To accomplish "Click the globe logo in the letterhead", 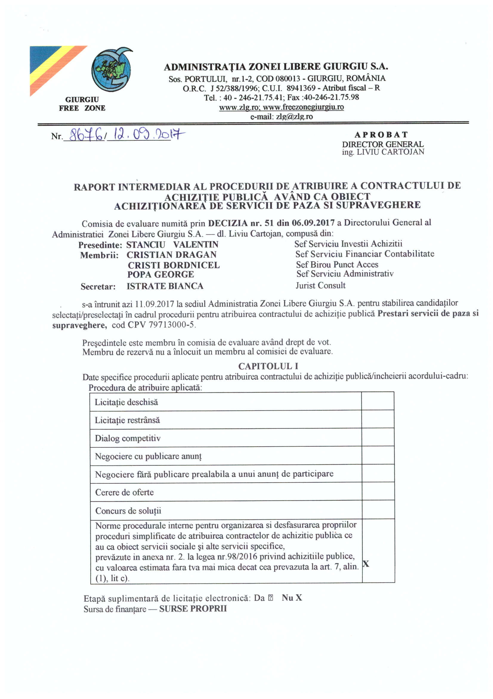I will [x=112, y=69].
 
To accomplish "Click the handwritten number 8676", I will [x=86, y=135].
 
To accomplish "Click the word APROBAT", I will [x=381, y=134].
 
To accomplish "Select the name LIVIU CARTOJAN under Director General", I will [x=390, y=152].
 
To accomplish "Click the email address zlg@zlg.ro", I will [x=294, y=117].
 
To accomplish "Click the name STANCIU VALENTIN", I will [x=172, y=245].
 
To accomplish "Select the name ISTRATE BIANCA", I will [x=165, y=286].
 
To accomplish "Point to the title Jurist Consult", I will [x=320, y=286].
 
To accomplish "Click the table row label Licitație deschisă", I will [x=126, y=402].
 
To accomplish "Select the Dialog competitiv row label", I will [x=128, y=438].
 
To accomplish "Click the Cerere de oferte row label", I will [x=124, y=492].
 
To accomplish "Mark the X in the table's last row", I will [x=366, y=564].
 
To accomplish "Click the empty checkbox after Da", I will [x=271, y=598].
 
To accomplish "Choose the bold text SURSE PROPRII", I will [x=193, y=609].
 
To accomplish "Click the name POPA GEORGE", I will [x=160, y=275].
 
